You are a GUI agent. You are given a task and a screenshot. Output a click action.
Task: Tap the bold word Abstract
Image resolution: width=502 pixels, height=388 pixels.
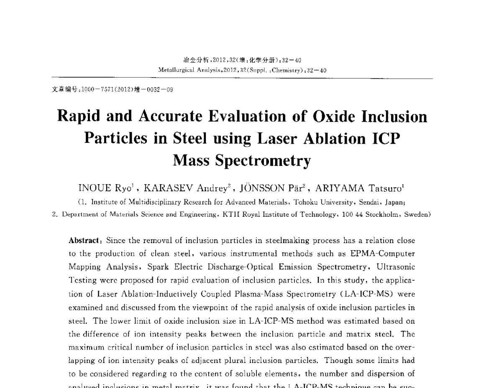click(84, 241)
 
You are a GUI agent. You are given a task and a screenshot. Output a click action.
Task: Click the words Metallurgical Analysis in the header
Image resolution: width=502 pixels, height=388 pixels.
click(182, 70)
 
